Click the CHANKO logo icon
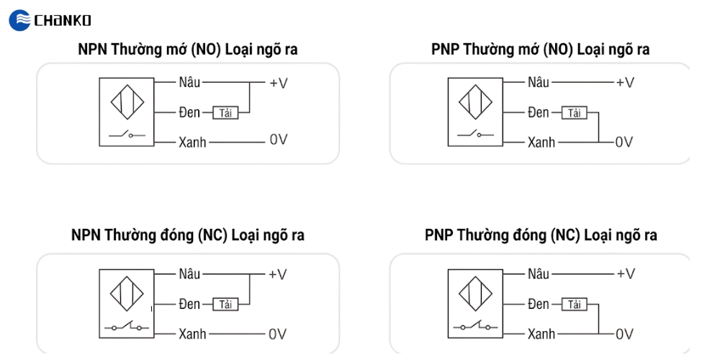click(19, 20)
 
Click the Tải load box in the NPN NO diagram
click(225, 113)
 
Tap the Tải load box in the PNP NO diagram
click(575, 113)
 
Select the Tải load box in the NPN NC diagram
click(225, 304)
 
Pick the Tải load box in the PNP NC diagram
click(575, 304)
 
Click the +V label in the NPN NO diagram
click(278, 83)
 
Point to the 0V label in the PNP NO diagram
click(624, 142)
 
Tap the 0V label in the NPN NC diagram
click(278, 333)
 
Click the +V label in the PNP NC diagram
click(626, 274)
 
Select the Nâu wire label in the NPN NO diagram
click(189, 83)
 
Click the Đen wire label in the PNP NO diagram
click(538, 112)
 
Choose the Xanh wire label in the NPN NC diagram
click(192, 333)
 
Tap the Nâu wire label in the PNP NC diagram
click(538, 274)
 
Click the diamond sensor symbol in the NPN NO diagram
click(127, 102)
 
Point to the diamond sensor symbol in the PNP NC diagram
click(476, 294)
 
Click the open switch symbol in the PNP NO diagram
click(476, 134)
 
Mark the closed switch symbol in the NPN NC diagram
click(127, 326)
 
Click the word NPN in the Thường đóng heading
click(86, 235)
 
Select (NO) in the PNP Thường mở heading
click(558, 50)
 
